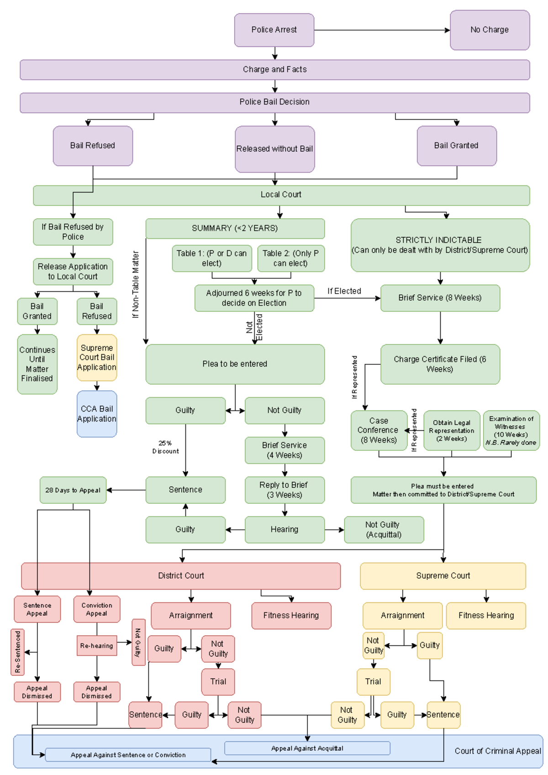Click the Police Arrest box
coord(274,30)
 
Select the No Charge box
coord(490,30)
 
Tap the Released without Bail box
coord(274,149)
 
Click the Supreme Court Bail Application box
coord(97,358)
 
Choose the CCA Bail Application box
coord(97,414)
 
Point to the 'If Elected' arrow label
coord(344,291)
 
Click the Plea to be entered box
coord(235,364)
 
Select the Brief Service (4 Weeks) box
coord(285,450)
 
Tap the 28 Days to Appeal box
coord(73,490)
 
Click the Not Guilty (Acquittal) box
coord(384,530)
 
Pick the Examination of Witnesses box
coord(511,430)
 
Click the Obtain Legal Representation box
coord(451,430)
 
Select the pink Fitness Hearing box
coord(291,616)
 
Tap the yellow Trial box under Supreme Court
coord(373,681)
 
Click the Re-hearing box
coord(97,646)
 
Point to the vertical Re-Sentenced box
coord(17,652)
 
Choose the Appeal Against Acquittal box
coord(307,748)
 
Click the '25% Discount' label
coord(165,447)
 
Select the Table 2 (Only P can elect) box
coord(290,258)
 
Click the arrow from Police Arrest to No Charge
coord(381,30)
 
